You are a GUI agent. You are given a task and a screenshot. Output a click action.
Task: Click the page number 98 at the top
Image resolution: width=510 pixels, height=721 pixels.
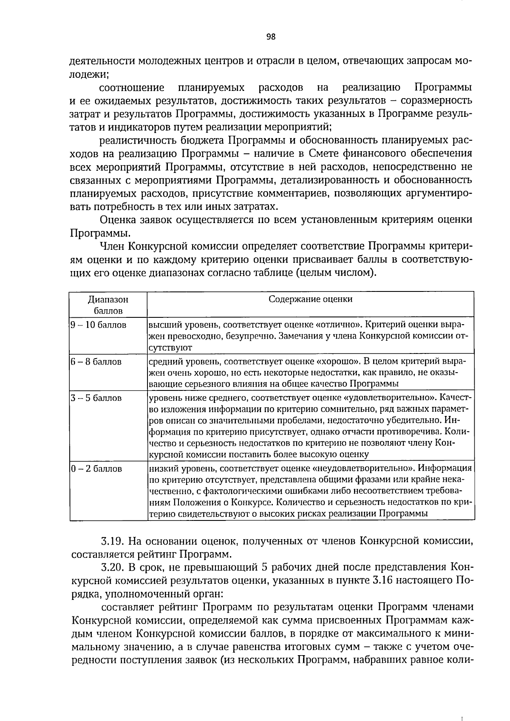tap(271, 37)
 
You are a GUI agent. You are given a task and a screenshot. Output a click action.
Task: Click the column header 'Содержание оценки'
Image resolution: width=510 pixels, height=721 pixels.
tap(310, 299)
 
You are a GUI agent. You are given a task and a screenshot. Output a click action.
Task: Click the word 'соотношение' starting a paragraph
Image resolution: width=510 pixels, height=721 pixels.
tap(131, 88)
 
